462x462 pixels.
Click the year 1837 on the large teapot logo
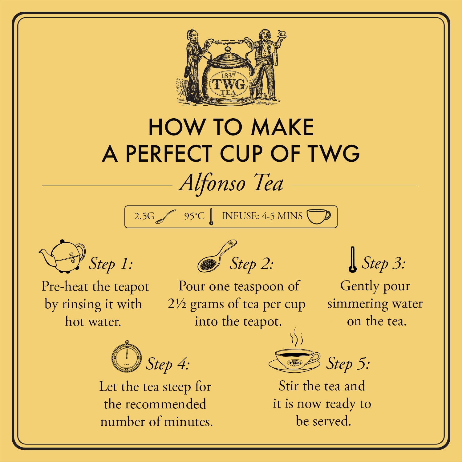228,76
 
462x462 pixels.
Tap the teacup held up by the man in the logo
282,34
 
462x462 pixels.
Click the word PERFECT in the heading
168,153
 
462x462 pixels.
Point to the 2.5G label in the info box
144,216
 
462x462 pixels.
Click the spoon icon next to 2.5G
165,217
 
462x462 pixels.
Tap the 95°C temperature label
194,216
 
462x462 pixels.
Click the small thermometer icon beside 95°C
211,217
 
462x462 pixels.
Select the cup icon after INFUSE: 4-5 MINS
318,217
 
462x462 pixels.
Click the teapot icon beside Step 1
62,256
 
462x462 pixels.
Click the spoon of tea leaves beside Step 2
217,256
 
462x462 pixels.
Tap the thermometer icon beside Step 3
353,259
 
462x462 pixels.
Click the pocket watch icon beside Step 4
127,357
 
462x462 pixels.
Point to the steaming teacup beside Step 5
294,354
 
